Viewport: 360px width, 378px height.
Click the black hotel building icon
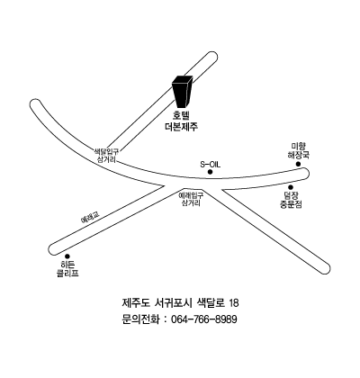click(182, 91)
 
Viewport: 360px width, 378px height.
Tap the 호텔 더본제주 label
click(182, 121)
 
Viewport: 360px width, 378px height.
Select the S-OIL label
click(210, 165)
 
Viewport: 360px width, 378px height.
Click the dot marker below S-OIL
click(210, 172)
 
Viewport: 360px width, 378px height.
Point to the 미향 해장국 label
click(298, 151)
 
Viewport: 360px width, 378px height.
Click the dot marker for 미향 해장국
click(298, 164)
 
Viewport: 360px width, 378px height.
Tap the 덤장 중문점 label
click(291, 201)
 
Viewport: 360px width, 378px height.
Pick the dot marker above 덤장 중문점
click(291, 187)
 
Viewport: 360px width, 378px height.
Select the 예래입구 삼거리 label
click(191, 199)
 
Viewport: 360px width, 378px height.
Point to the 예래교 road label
click(90, 218)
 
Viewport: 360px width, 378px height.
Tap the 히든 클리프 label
click(67, 269)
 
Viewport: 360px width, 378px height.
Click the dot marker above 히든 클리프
click(67, 256)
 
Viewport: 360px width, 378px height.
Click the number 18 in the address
click(234, 303)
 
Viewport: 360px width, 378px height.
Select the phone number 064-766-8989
click(203, 319)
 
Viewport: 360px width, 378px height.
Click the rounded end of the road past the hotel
click(212, 57)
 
